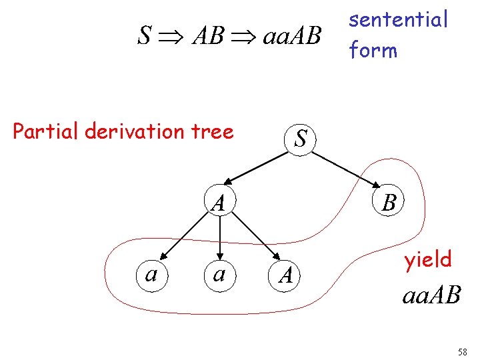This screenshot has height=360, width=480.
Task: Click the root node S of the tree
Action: point(301,138)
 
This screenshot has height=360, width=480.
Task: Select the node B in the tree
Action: point(389,201)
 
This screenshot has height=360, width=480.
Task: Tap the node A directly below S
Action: point(219,201)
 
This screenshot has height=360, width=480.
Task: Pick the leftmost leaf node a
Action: point(151,273)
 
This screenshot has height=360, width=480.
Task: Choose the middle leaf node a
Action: point(219,273)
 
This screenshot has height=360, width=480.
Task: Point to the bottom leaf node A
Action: point(285,273)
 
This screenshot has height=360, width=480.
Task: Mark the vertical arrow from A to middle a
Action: point(219,237)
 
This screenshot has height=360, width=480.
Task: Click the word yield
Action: point(427,259)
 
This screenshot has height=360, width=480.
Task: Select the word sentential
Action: point(399,20)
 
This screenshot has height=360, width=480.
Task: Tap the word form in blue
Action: point(373,50)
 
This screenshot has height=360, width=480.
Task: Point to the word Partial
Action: point(46,131)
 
